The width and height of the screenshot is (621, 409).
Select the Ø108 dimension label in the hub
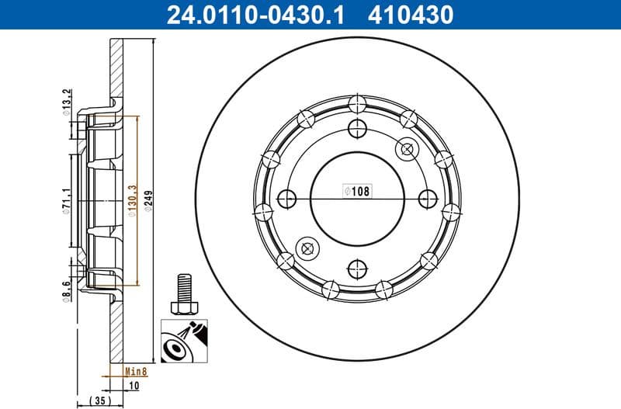click(357, 190)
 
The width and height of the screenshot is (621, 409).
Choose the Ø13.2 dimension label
click(68, 101)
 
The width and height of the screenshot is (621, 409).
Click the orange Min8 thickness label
click(137, 372)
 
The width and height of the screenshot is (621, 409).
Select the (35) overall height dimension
click(99, 400)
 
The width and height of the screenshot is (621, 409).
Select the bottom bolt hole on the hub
click(357, 269)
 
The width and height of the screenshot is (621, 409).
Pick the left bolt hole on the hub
click(287, 198)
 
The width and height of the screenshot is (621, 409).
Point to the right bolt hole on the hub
click(428, 198)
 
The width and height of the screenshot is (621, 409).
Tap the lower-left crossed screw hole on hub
click(308, 248)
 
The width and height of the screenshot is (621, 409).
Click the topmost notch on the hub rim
click(357, 103)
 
